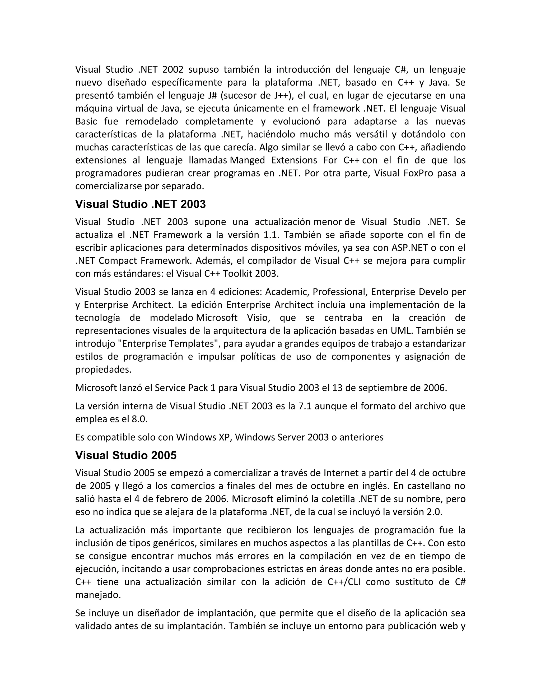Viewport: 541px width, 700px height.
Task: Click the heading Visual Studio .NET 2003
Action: [140, 204]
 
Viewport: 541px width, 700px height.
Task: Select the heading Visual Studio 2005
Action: [126, 455]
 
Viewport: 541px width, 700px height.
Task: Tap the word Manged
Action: [248, 160]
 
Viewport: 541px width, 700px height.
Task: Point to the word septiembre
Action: [380, 388]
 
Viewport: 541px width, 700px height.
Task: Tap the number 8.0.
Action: [140, 419]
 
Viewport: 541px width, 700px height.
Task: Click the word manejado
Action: [98, 595]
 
